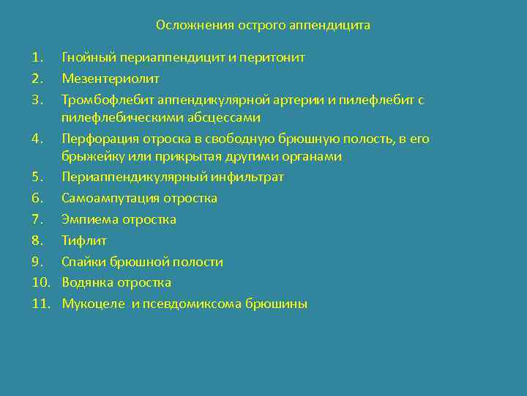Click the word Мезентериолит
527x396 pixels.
pyautogui.click(x=111, y=78)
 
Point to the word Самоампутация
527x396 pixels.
pyautogui.click(x=110, y=198)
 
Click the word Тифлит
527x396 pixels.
pyautogui.click(x=84, y=241)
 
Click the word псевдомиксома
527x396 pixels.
pyautogui.click(x=183, y=304)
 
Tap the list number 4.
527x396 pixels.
pyautogui.click(x=37, y=139)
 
